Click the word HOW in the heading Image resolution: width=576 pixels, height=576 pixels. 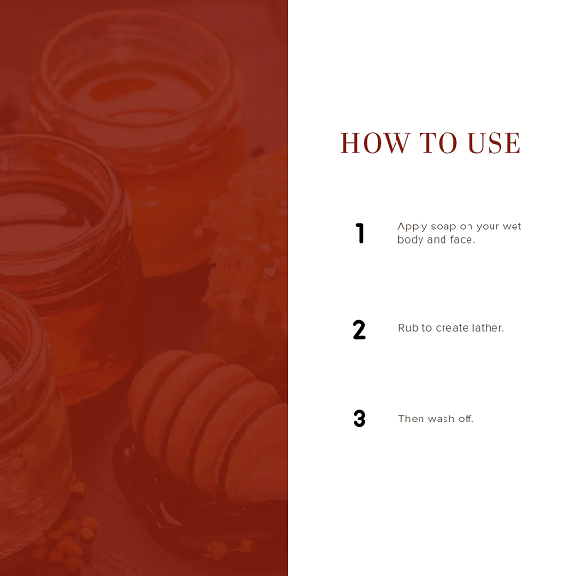[x=375, y=143]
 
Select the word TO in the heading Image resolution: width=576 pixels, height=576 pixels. [x=439, y=143]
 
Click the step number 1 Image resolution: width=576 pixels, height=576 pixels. [x=360, y=233]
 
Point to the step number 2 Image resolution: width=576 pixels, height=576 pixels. [x=359, y=329]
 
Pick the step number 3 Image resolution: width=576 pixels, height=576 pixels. [x=359, y=419]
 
